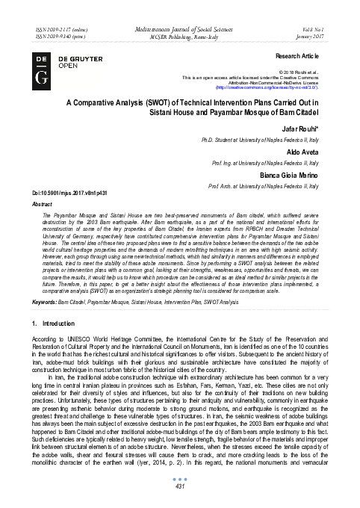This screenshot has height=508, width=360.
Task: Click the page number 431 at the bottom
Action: tap(179, 487)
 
